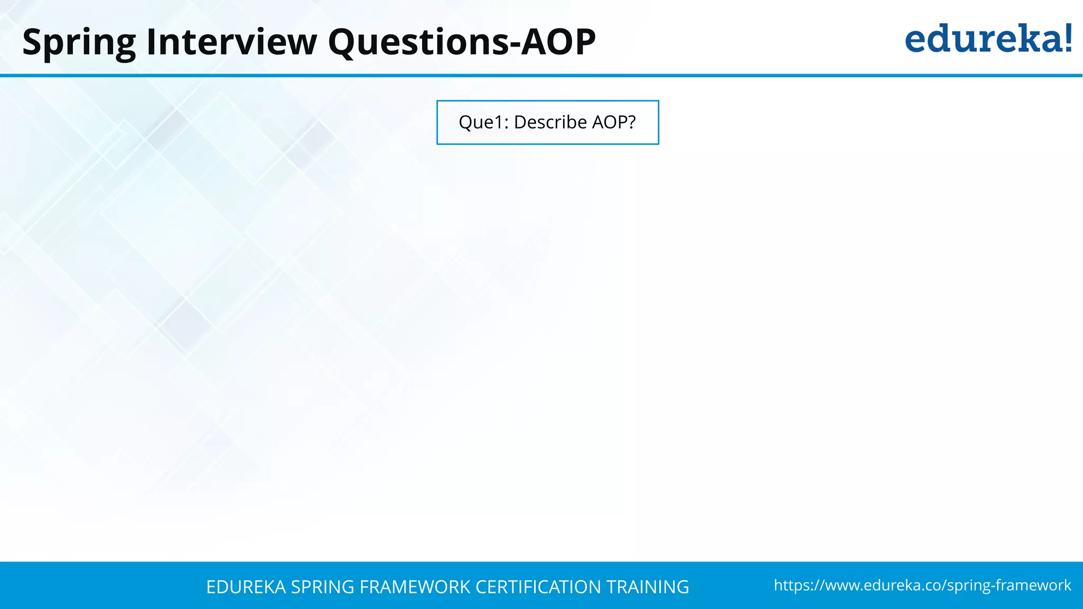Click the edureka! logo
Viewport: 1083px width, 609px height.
988,39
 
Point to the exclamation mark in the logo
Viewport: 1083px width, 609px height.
1067,38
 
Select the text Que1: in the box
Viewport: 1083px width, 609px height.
483,122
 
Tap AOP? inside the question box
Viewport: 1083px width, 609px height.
614,122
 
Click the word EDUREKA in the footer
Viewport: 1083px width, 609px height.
246,587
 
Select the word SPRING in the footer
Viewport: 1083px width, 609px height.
323,587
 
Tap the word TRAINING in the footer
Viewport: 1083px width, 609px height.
647,587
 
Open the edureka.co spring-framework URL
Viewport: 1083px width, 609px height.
922,585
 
